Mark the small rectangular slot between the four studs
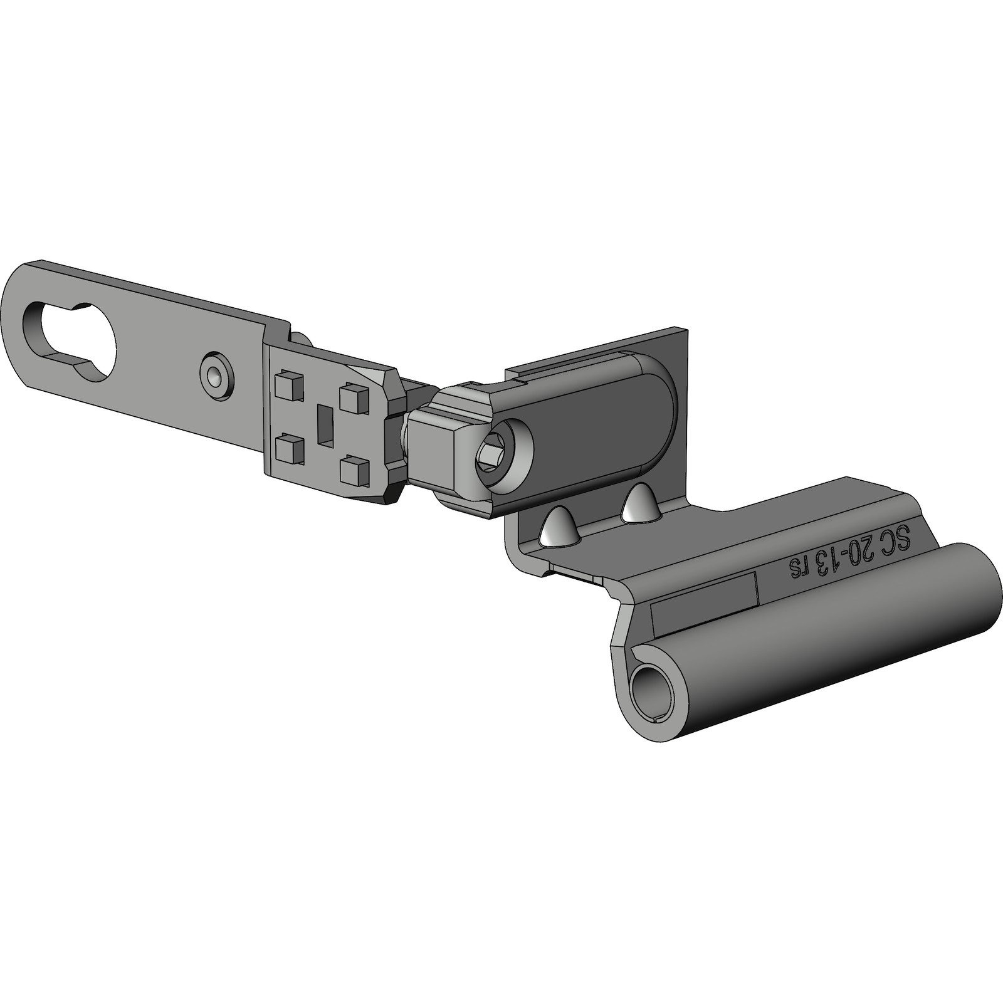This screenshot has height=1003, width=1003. (x=326, y=425)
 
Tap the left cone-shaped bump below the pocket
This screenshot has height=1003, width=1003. (x=558, y=525)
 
